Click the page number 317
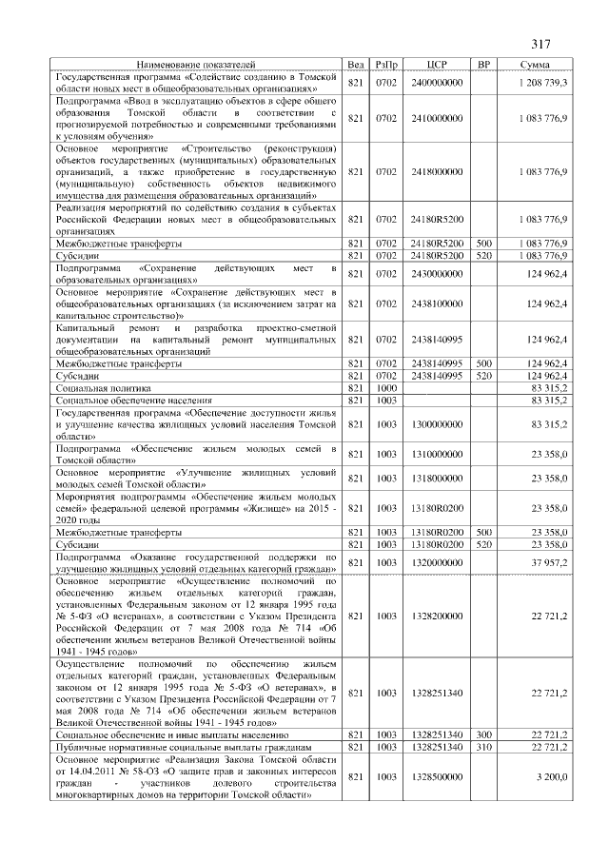541,44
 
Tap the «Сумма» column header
533,65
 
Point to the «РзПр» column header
386,65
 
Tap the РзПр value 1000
386,388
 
